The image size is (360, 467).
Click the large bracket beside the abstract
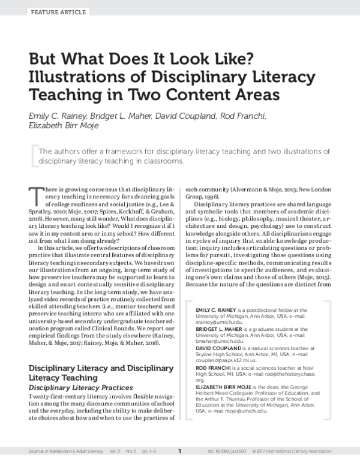pyautogui.click(x=32, y=155)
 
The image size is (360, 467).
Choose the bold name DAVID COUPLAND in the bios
pyautogui.click(x=220, y=349)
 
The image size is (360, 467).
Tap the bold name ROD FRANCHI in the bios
pyautogui.click(x=214, y=369)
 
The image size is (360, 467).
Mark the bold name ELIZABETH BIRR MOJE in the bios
pyautogui.click(x=226, y=388)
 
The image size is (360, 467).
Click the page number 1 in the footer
pyautogui.click(x=179, y=451)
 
